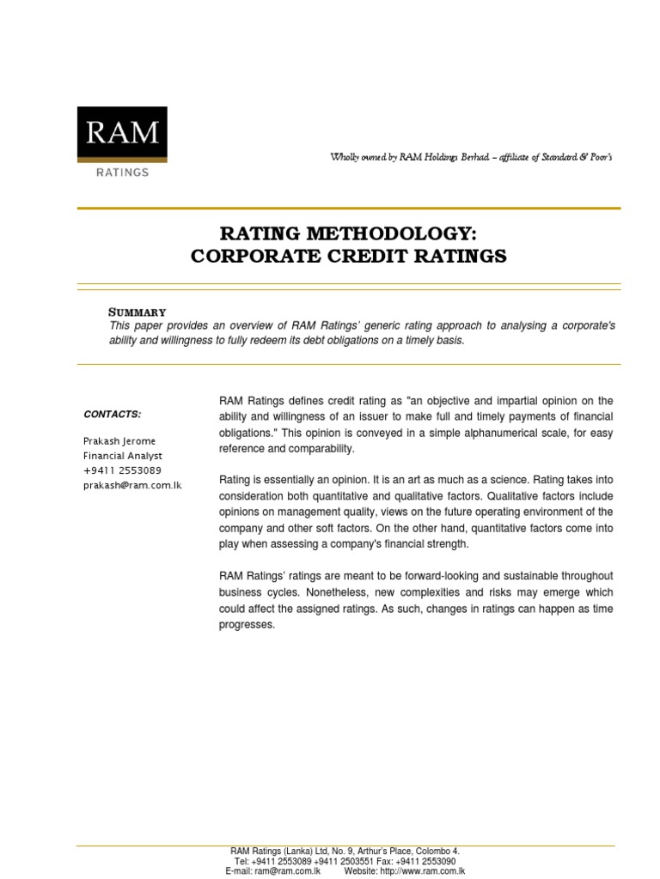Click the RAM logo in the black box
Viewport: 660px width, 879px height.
(x=122, y=133)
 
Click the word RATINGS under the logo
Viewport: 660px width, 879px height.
(x=122, y=172)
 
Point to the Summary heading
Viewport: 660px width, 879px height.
(x=137, y=312)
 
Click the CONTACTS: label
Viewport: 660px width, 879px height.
(x=112, y=414)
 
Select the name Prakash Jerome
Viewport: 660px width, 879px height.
(x=120, y=440)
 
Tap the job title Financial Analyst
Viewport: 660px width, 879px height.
(x=122, y=456)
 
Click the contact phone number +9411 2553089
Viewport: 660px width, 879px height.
(x=122, y=470)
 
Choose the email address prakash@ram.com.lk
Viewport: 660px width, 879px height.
(x=132, y=485)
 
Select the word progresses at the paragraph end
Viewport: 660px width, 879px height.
(x=247, y=624)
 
